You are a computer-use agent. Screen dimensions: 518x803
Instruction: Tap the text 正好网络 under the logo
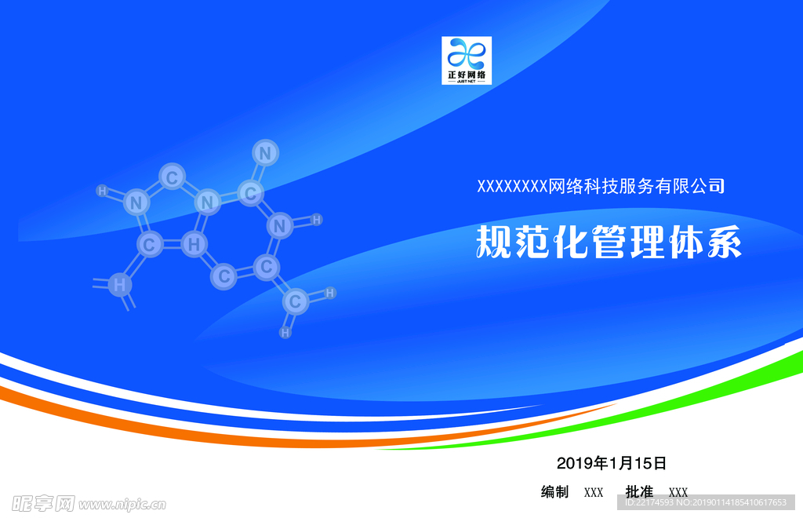tap(467, 75)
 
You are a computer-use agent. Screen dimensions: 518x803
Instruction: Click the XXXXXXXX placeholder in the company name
tap(512, 187)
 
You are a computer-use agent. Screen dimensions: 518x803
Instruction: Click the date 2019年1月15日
tap(612, 462)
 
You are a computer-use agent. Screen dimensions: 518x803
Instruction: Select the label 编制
tap(554, 492)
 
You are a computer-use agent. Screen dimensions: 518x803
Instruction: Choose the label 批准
tap(639, 492)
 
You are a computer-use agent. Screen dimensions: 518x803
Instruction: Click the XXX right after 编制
tap(594, 493)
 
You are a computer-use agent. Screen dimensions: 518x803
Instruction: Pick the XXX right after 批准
tap(678, 493)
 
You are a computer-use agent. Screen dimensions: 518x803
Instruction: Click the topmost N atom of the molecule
tap(266, 152)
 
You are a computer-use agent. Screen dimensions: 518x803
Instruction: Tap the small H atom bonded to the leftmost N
tap(102, 190)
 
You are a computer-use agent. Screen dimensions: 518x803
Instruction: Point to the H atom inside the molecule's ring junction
tap(194, 245)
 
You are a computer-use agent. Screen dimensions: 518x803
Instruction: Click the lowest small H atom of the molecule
tap(285, 333)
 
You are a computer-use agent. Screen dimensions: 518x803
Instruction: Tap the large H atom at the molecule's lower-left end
tap(119, 285)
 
